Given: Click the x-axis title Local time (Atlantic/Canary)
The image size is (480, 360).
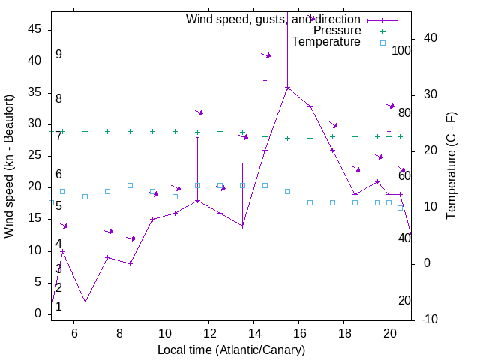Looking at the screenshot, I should [x=231, y=349].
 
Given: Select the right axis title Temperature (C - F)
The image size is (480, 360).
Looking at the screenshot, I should [x=451, y=166].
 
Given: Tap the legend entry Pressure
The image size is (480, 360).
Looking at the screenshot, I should [x=337, y=31].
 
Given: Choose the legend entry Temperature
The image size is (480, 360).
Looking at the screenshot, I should [x=326, y=42].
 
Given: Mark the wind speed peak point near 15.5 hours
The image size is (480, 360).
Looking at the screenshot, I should [x=287, y=88].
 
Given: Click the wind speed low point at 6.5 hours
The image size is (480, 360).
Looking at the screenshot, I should [x=85, y=301].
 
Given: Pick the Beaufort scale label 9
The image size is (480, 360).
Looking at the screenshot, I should [x=58, y=55].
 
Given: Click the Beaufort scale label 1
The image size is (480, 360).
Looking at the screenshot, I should [x=58, y=306].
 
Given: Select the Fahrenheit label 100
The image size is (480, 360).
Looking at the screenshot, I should [x=401, y=51].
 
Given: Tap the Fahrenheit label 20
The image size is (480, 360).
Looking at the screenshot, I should [x=404, y=300].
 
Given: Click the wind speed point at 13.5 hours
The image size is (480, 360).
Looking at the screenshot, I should [x=242, y=226].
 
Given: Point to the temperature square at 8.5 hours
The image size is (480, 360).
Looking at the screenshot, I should [x=130, y=185].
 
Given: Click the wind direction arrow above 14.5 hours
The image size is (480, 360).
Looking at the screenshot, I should [x=266, y=55].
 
